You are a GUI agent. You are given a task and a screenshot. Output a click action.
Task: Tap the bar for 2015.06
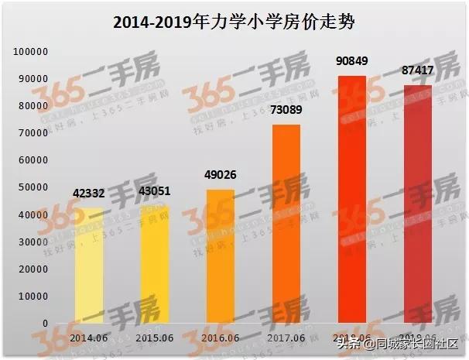click(x=155, y=264)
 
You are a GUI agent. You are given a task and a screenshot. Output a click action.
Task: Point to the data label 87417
click(x=417, y=71)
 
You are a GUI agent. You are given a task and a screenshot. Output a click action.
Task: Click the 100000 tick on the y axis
click(x=31, y=52)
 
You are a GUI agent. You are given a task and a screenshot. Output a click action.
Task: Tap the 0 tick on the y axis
click(x=46, y=323)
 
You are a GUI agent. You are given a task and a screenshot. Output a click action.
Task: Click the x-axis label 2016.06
click(x=219, y=338)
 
